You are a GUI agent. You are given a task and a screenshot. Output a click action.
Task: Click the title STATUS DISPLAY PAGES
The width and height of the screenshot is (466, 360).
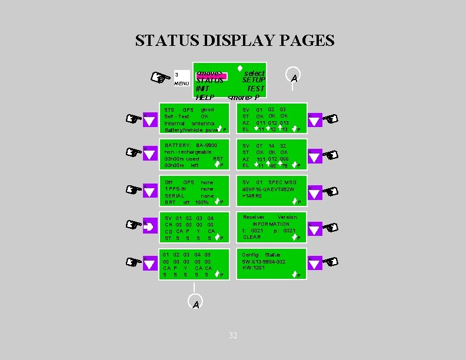234,41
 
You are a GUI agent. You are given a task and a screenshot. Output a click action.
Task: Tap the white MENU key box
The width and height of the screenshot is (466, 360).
181,78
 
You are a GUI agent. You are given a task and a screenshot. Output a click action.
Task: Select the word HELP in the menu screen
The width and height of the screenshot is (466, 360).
205,96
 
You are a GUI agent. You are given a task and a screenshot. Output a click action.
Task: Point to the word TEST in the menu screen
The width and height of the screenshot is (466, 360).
255,88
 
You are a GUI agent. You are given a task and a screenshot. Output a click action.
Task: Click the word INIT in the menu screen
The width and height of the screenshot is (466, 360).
202,88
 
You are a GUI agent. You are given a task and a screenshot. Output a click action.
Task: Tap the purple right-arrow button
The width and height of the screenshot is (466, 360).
150,226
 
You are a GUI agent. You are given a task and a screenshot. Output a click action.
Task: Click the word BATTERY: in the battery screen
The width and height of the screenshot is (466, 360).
177,145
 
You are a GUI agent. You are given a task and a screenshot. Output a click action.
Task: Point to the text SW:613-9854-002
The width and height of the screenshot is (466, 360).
264,261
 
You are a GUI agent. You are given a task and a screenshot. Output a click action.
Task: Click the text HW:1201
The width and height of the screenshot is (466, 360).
254,268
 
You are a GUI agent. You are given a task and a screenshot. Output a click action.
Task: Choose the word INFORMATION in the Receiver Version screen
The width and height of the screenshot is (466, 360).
271,224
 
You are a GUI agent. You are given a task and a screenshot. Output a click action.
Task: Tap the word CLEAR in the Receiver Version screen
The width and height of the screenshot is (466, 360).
252,237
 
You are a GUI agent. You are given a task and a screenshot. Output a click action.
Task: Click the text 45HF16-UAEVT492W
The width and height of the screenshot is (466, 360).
268,189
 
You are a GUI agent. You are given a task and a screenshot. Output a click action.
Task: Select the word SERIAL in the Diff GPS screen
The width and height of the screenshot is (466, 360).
175,195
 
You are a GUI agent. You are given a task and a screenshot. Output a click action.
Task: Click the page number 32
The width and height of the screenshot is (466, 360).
233,335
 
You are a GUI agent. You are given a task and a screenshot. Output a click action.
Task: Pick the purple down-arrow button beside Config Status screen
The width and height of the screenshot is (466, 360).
315,264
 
